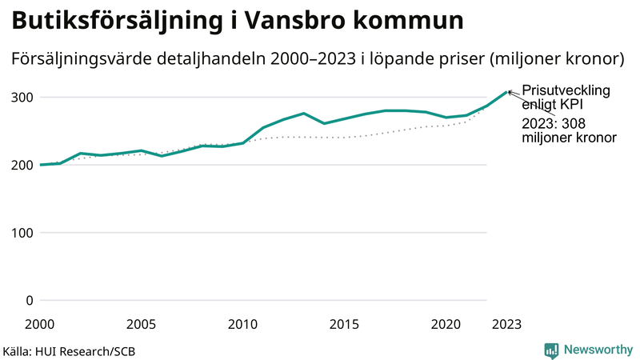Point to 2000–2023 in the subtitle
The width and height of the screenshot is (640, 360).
(305, 59)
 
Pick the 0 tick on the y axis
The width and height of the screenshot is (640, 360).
(30, 301)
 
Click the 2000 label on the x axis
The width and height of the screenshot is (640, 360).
(39, 324)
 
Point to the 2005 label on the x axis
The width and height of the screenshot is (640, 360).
(141, 324)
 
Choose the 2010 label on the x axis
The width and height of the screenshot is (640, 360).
(242, 324)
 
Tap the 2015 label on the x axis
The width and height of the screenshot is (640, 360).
(344, 324)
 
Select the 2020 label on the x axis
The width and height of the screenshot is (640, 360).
(446, 324)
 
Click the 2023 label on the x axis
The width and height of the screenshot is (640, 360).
(506, 324)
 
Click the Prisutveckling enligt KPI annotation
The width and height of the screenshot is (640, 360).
(566, 97)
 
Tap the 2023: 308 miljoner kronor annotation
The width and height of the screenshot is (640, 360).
(569, 130)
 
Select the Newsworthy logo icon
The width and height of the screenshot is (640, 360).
(551, 350)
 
